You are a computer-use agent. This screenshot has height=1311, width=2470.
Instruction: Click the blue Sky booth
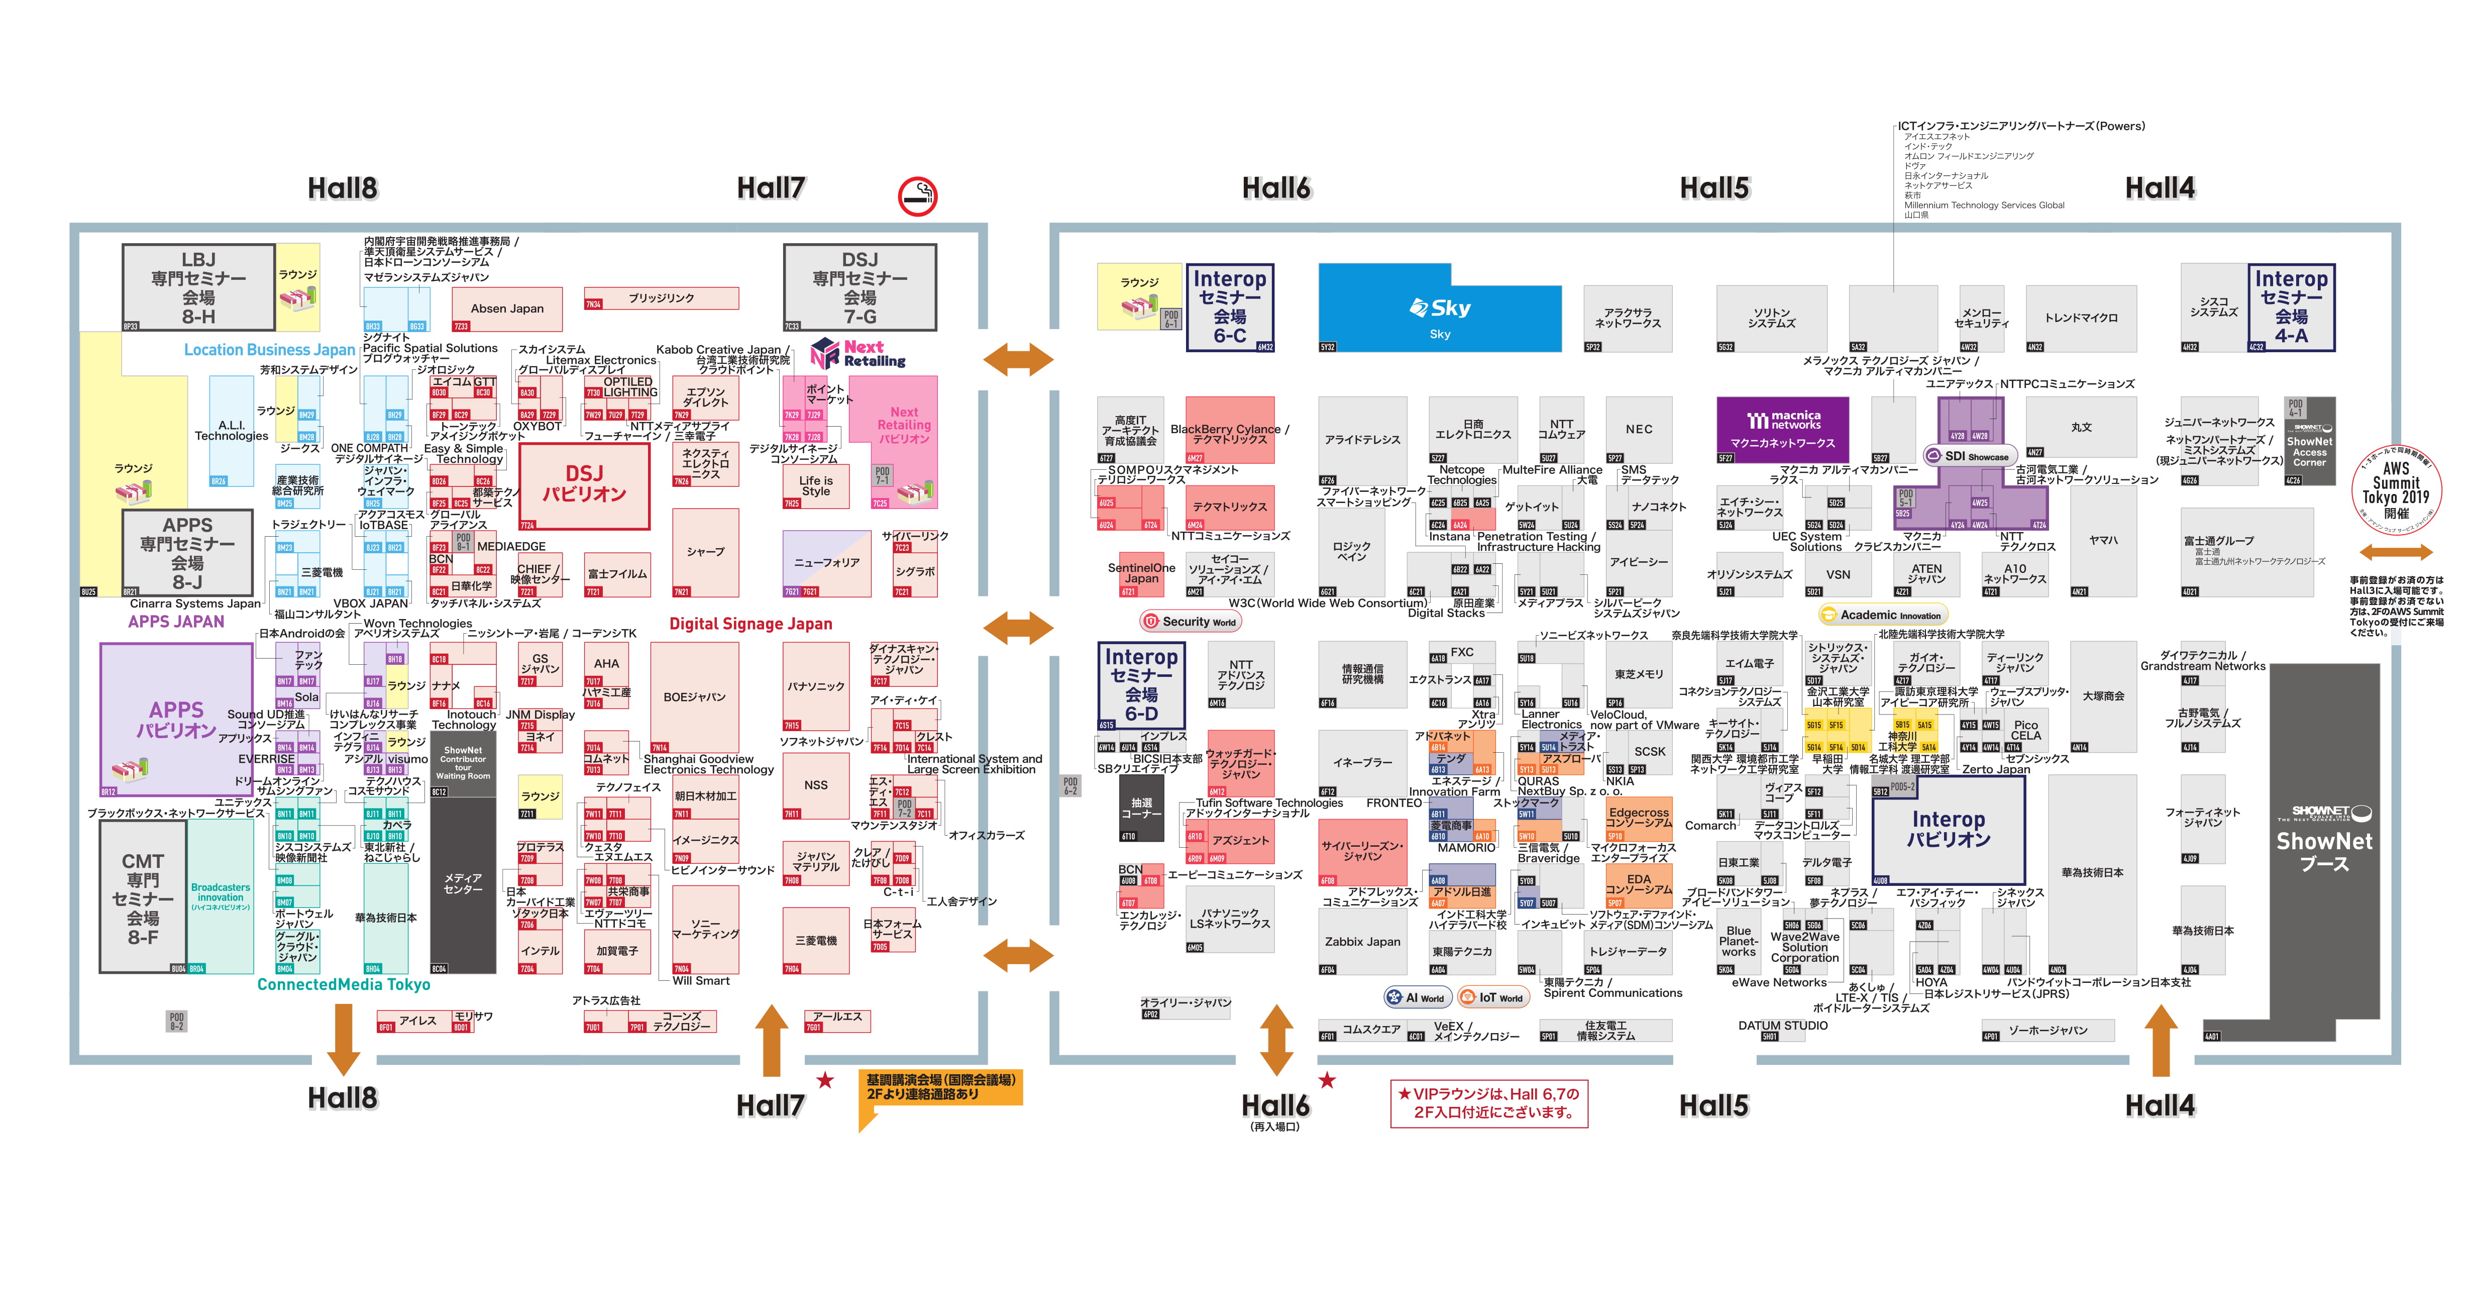point(1438,309)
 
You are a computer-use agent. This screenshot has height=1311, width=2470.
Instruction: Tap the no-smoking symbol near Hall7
point(917,196)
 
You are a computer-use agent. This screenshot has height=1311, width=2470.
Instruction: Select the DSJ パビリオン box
point(584,484)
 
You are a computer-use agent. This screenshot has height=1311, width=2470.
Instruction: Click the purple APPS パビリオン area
point(176,719)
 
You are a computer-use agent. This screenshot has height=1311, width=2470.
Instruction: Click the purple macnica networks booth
point(1782,430)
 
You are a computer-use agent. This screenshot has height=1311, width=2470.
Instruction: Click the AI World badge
point(1415,997)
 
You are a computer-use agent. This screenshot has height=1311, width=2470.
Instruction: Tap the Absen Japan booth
point(506,309)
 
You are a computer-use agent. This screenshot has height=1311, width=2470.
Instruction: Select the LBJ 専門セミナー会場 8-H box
point(198,288)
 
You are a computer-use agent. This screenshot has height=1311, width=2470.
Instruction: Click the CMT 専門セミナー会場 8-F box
point(143,897)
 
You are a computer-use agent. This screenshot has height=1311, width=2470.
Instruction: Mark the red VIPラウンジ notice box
point(1489,1103)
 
